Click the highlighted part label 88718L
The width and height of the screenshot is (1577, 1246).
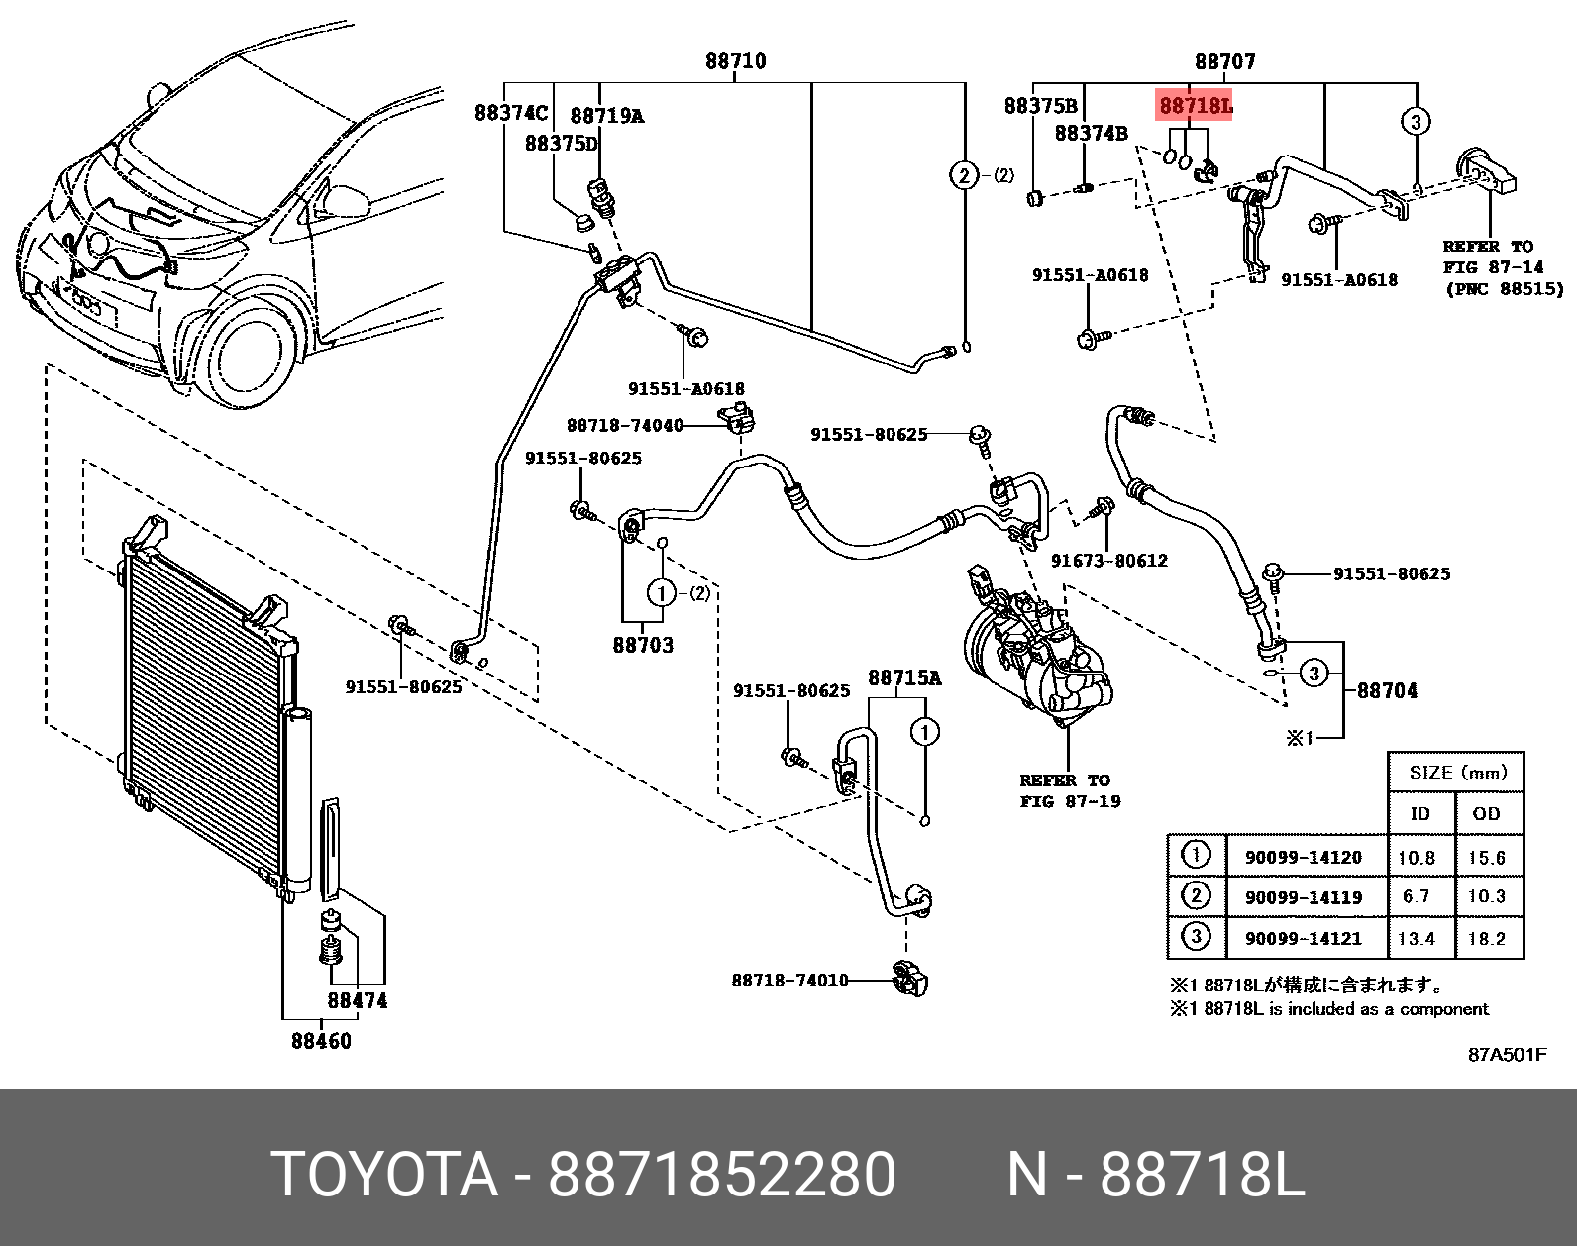coord(1195,105)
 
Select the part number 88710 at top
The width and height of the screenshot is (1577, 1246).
coord(735,61)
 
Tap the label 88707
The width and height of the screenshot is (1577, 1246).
coord(1224,61)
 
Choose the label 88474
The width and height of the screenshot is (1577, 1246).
coord(358,1000)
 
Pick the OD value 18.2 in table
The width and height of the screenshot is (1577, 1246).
coord(1486,938)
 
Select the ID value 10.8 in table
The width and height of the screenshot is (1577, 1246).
coord(1417,857)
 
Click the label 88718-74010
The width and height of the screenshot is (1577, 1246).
coord(789,980)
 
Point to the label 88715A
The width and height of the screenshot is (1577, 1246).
coord(903,677)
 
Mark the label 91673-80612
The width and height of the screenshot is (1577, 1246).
coord(1108,561)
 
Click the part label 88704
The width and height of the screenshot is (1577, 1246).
coord(1386,690)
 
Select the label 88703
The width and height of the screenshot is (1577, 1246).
coord(642,645)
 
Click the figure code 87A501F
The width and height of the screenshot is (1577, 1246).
coord(1506,1054)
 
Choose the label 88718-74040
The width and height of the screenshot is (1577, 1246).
coord(624,425)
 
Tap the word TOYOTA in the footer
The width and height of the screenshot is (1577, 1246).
coord(384,1176)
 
